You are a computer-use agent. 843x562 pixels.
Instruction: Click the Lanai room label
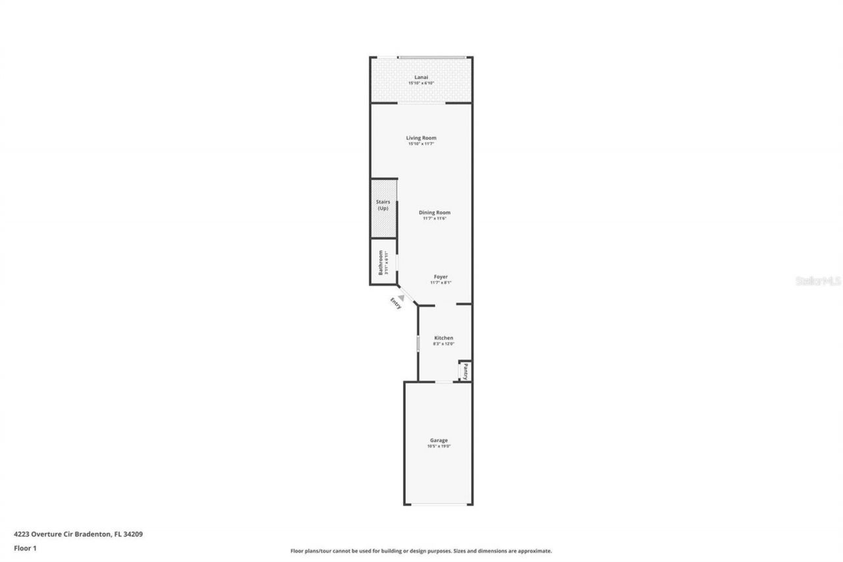click(421, 77)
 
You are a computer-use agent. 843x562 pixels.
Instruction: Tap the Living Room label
click(421, 138)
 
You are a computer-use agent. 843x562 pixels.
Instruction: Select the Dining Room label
click(435, 212)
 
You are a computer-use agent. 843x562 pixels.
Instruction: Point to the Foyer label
click(441, 277)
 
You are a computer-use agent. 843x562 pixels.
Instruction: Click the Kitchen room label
click(443, 338)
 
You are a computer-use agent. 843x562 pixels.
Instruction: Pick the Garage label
click(439, 440)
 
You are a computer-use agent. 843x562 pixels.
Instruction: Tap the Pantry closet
click(465, 371)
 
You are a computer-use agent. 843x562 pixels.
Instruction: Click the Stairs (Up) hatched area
click(383, 208)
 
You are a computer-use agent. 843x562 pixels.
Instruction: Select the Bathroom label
click(381, 262)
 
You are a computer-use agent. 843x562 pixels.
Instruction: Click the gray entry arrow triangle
click(400, 298)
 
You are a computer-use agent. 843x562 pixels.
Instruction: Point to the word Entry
click(396, 304)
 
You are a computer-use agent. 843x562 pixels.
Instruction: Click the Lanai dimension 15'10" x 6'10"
click(421, 84)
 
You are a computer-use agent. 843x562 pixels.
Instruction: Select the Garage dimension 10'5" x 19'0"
click(439, 447)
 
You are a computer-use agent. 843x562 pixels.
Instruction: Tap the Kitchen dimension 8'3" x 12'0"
click(443, 344)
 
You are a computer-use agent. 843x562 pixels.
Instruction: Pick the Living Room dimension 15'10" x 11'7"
click(421, 144)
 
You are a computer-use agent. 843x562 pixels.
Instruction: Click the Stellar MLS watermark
click(819, 281)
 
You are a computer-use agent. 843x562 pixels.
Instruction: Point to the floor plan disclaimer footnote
click(421, 551)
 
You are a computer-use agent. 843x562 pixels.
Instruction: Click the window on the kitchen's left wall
click(418, 343)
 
